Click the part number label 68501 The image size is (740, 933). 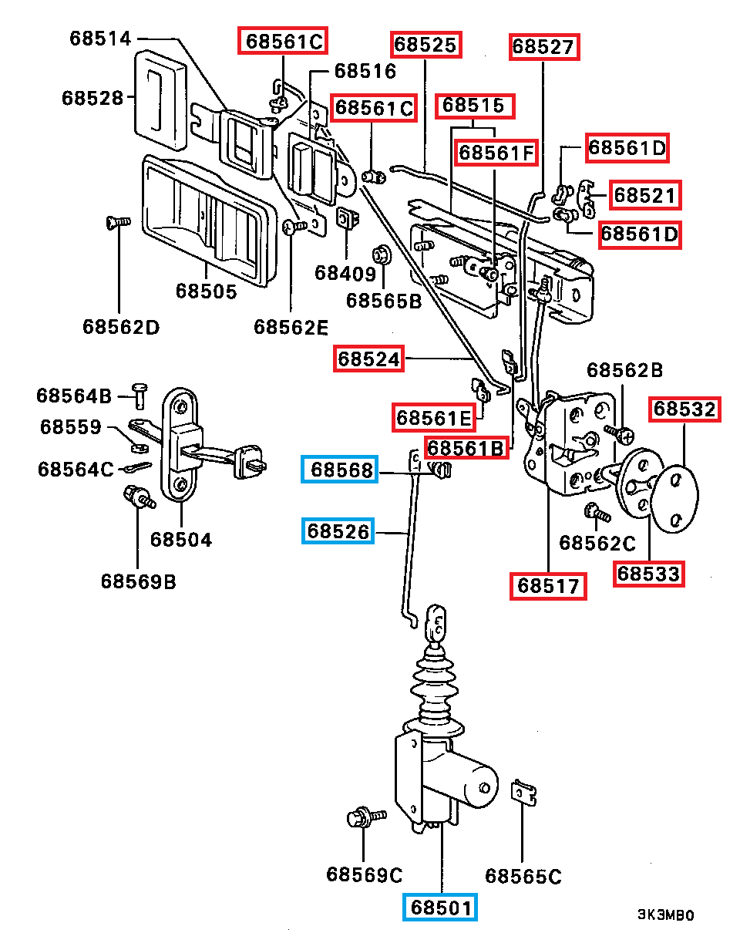click(x=440, y=907)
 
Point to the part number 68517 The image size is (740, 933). click(x=547, y=586)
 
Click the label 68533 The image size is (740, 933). click(x=649, y=574)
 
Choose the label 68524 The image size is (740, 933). click(x=368, y=359)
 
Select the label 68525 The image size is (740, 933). click(x=425, y=45)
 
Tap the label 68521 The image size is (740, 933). click(x=646, y=195)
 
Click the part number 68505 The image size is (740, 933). click(x=206, y=291)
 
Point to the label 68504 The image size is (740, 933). click(x=181, y=539)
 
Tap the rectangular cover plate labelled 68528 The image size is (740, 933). click(x=161, y=96)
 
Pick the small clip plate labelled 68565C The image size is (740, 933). click(x=524, y=793)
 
